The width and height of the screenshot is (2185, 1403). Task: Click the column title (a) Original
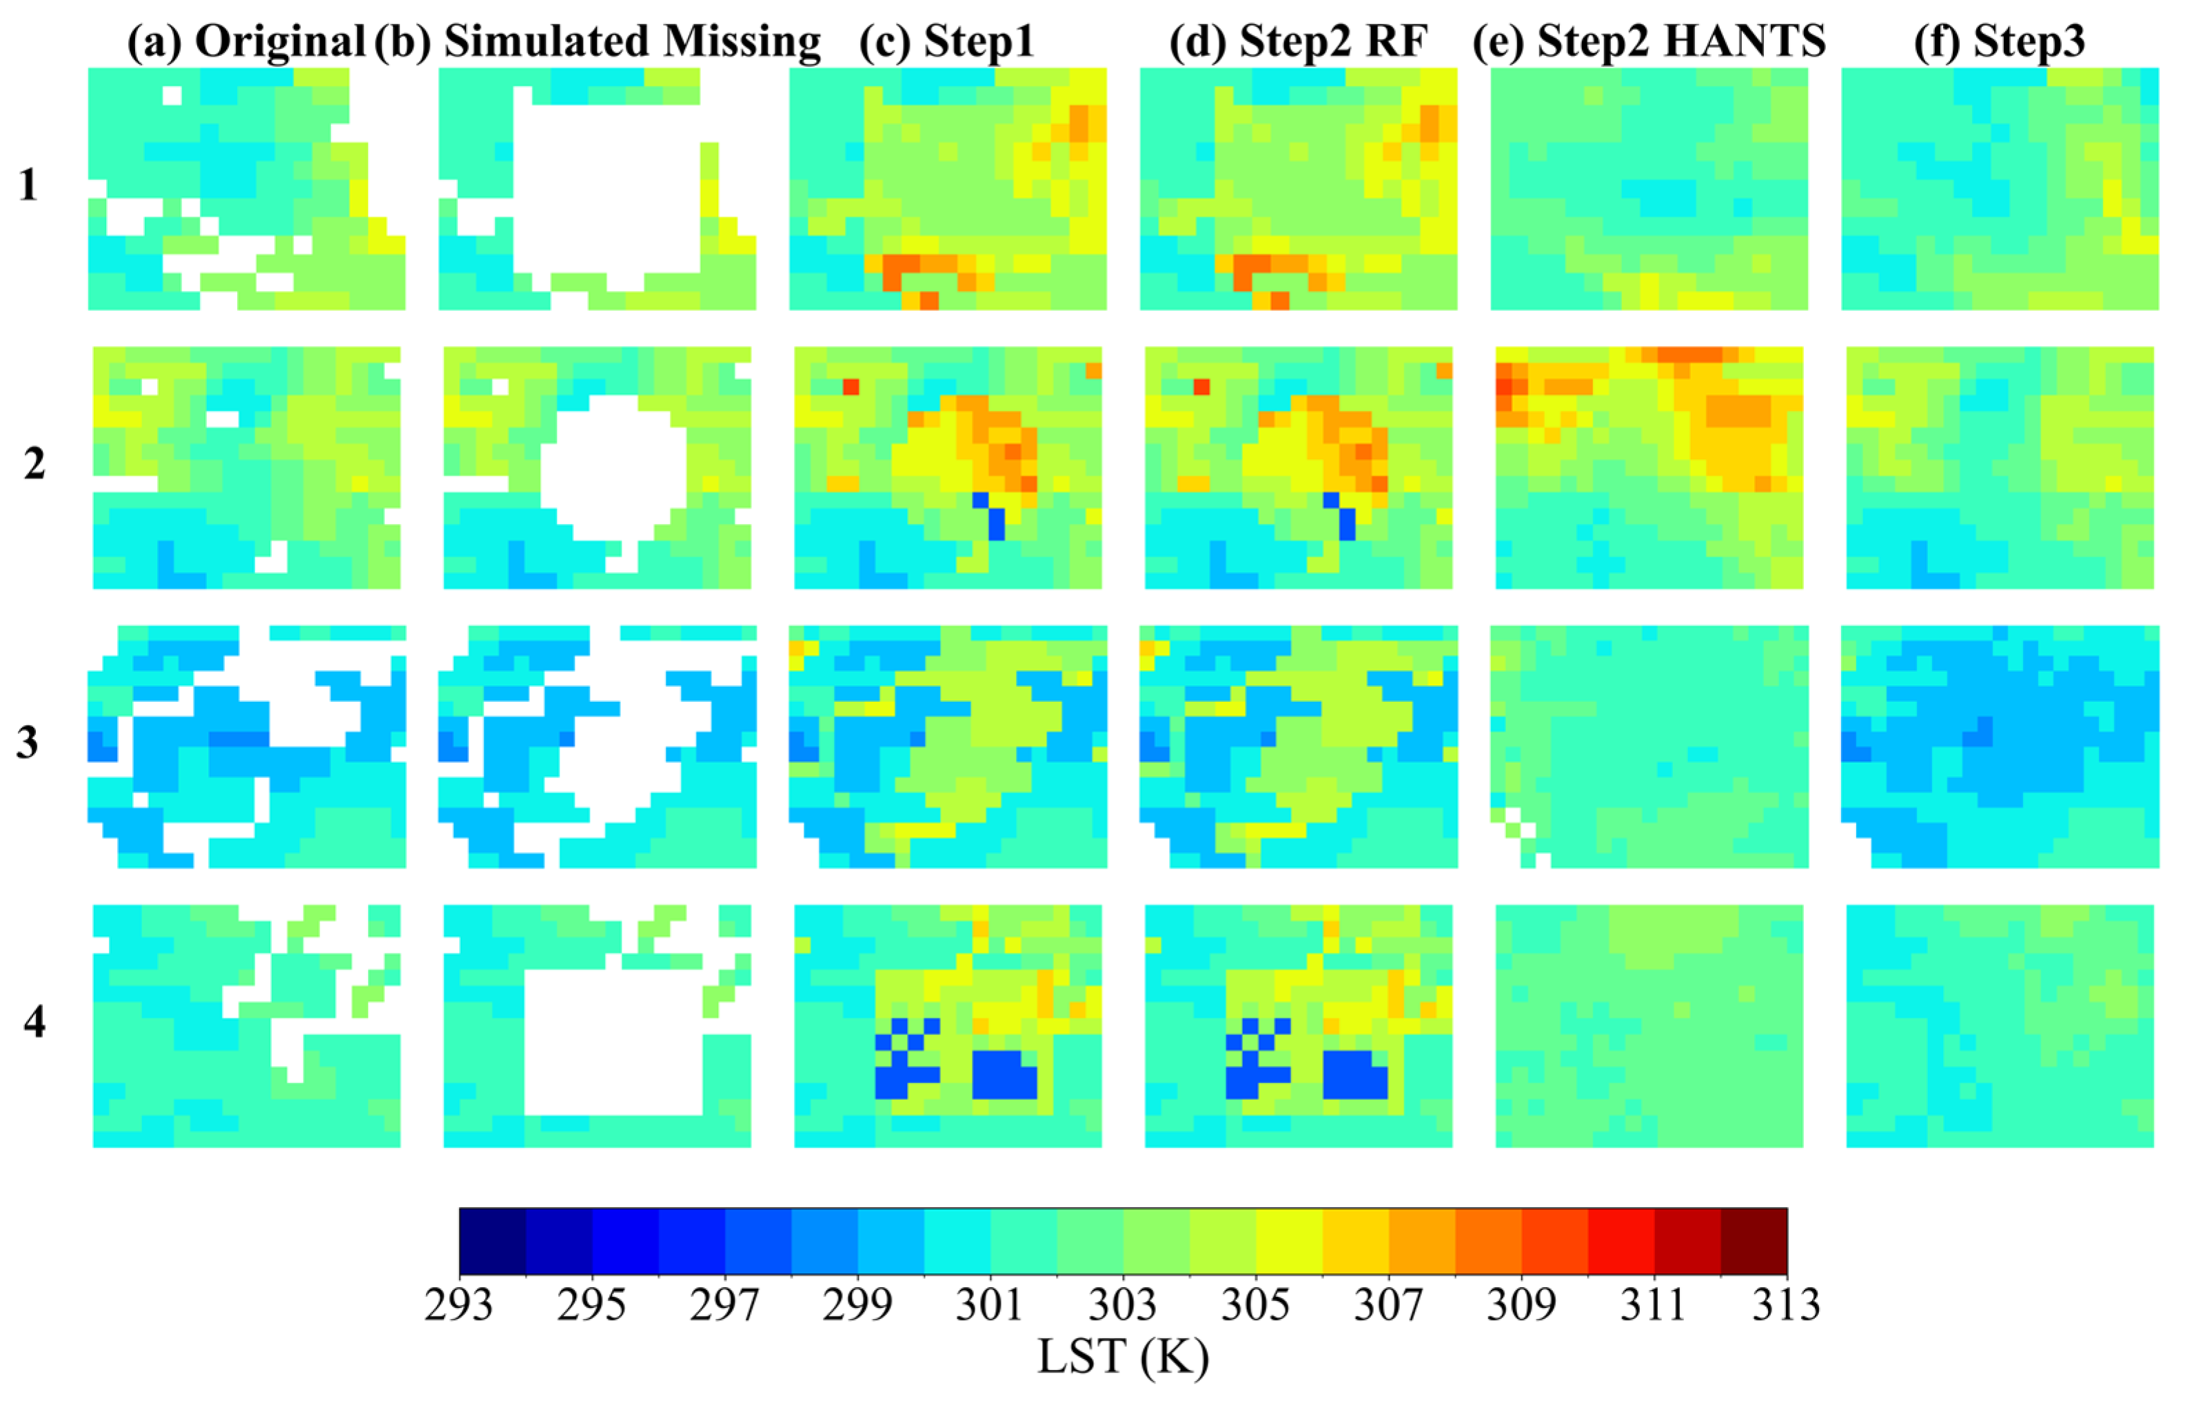(246, 42)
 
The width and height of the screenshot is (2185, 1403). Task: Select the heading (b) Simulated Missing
(598, 42)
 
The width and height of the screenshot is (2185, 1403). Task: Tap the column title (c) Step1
(946, 42)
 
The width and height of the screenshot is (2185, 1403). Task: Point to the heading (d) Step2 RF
(1298, 42)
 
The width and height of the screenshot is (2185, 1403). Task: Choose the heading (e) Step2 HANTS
(1649, 42)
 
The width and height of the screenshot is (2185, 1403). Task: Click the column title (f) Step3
(1999, 42)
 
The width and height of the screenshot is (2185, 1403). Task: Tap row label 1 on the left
(28, 185)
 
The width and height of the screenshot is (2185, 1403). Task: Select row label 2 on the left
(34, 465)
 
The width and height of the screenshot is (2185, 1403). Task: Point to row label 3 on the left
(28, 743)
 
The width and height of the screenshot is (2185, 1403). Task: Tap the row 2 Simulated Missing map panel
(598, 467)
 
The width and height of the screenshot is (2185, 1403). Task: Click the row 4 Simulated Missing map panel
(598, 1025)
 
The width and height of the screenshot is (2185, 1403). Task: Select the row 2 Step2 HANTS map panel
(1649, 467)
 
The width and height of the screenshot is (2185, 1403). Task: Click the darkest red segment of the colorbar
(1754, 1241)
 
